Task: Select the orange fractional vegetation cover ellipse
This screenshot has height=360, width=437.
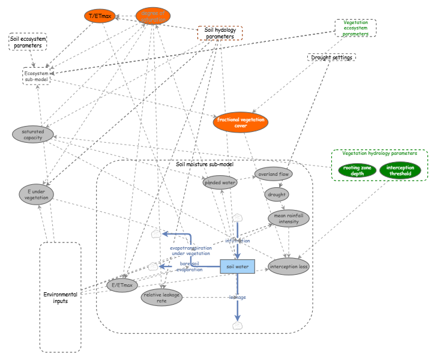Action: [x=240, y=122]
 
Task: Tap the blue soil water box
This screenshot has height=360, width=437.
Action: [x=238, y=266]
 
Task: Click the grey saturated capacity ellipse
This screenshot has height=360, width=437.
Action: [x=33, y=134]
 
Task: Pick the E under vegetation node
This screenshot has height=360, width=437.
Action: [x=37, y=194]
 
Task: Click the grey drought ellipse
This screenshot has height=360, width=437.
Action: [x=277, y=194]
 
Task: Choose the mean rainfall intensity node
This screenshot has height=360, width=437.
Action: [x=289, y=218]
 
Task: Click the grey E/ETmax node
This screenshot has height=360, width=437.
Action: [x=123, y=285]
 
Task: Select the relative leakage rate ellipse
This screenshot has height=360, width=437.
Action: [x=161, y=296]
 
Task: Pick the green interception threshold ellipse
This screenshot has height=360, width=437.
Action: [x=400, y=170]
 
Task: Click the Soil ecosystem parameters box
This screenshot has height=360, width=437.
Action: [x=28, y=42]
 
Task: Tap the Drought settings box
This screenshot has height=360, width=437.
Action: [x=331, y=58]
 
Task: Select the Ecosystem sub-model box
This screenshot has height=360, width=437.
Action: [x=37, y=76]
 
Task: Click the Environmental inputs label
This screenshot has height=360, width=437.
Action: [x=60, y=297]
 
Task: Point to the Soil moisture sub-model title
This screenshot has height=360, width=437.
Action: [x=205, y=164]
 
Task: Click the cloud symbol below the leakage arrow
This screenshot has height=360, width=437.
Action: [x=238, y=325]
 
